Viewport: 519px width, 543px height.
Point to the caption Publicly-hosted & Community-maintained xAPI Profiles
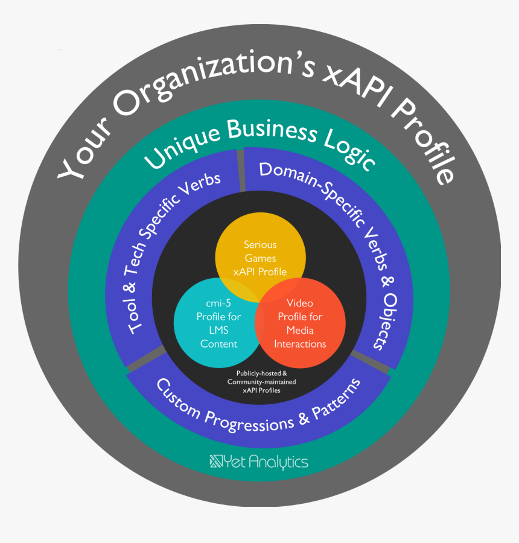click(x=261, y=382)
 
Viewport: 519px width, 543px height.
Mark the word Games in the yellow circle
click(x=260, y=258)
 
